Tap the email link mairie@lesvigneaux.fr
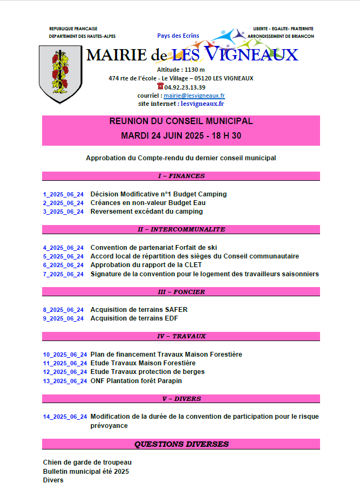[194, 95]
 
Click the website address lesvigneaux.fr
[202, 103]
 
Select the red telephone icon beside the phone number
[160, 86]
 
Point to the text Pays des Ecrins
[178, 36]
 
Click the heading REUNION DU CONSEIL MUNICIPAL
[181, 121]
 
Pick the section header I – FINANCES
[181, 176]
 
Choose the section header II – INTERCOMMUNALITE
[181, 229]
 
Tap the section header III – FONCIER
[181, 292]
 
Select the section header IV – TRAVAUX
[181, 336]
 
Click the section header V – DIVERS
[181, 399]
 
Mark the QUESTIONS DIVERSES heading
[181, 444]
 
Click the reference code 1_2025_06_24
[64, 194]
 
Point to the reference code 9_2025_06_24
[64, 318]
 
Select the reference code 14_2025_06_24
[65, 417]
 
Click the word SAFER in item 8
[177, 310]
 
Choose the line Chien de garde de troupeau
[87, 462]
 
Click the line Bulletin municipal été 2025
[86, 471]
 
